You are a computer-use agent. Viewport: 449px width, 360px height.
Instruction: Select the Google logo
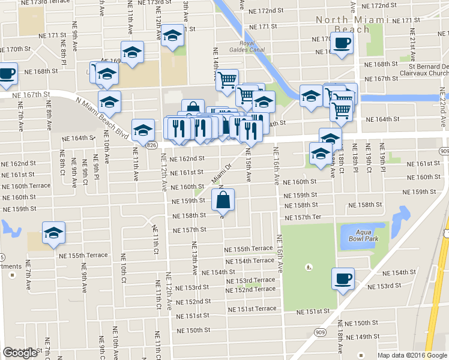click(x=19, y=353)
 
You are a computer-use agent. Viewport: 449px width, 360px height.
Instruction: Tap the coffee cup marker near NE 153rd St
click(x=343, y=278)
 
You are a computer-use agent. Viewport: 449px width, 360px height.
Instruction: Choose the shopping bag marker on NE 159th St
click(x=222, y=200)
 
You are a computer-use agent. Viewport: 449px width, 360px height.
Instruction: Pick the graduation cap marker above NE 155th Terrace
click(x=53, y=233)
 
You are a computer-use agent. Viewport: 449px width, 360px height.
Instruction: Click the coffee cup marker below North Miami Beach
click(x=342, y=43)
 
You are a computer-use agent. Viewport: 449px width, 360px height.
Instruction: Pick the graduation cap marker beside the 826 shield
click(x=143, y=130)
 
